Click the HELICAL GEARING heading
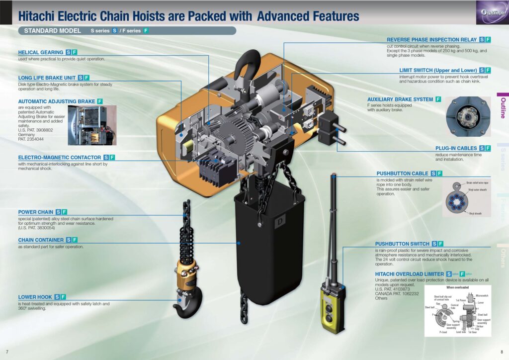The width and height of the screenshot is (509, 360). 41,52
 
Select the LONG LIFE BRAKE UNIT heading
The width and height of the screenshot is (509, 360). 47,78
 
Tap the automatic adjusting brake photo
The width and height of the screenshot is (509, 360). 92,125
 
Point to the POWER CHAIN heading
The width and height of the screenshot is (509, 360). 36,212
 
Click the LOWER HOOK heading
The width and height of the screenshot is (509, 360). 35,297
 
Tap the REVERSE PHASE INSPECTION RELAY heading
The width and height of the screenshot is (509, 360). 432,40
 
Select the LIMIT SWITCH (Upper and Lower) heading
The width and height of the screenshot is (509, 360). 438,71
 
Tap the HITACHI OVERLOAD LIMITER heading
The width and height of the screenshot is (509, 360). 409,274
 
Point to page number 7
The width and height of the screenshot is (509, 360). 6,352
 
